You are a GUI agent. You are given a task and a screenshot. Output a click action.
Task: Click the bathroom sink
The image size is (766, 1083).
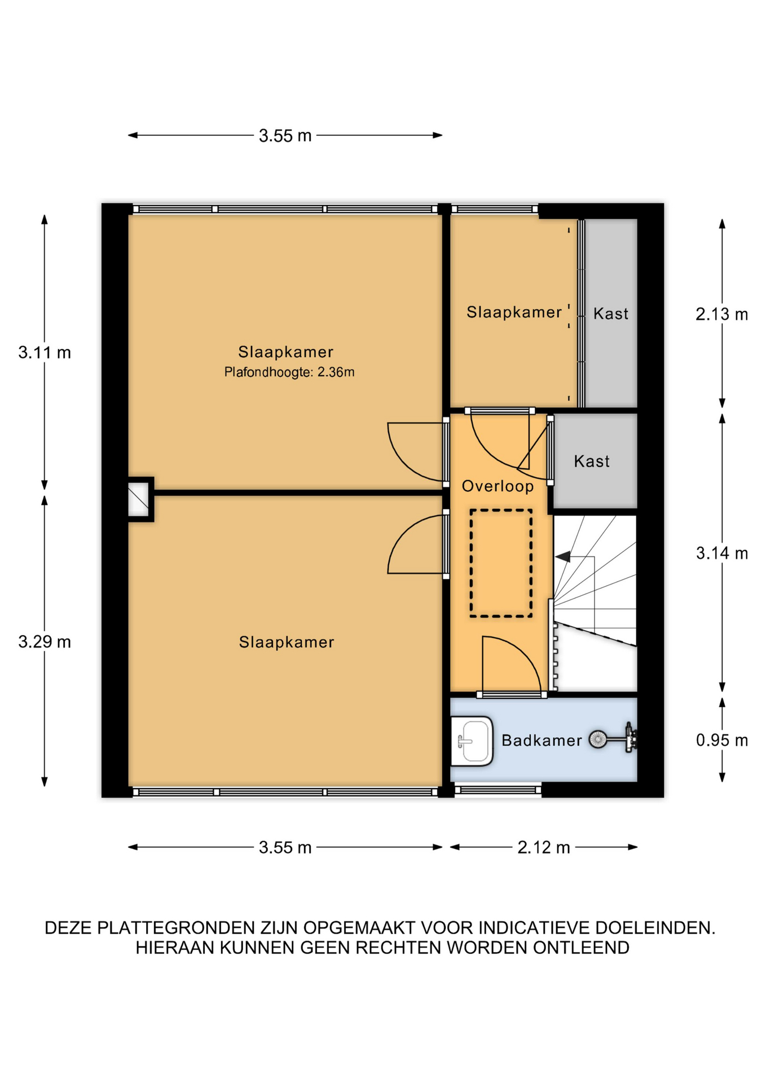[472, 741]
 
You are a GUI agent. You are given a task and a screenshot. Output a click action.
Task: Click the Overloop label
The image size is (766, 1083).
[498, 486]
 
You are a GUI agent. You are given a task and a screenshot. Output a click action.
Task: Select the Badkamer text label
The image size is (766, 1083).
[542, 741]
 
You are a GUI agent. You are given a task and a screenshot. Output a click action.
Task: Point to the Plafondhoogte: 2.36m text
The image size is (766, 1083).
[289, 372]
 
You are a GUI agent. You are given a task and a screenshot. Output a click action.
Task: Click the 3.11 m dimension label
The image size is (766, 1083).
[45, 353]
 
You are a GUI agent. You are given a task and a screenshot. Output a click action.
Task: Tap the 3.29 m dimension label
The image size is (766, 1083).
[45, 642]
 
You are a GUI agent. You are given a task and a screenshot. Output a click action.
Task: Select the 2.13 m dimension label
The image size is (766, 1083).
[721, 314]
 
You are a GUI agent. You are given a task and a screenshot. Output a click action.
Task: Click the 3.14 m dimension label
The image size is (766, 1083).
[721, 553]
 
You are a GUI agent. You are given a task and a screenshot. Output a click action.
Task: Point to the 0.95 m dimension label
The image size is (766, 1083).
[721, 740]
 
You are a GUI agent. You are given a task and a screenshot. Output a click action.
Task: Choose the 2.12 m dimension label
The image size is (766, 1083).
[544, 847]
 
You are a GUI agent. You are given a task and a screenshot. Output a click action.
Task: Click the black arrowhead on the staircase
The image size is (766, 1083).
[562, 557]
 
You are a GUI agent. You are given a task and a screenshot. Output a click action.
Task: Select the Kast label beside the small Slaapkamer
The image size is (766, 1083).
[610, 314]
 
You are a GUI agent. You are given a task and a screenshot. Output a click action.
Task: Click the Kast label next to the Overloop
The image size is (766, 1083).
[592, 461]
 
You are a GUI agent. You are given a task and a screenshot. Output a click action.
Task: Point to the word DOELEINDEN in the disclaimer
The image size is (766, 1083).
[655, 928]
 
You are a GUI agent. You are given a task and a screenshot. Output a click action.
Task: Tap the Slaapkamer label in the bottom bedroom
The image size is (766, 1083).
[287, 642]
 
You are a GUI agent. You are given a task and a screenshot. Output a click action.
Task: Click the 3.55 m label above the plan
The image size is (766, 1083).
[285, 136]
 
